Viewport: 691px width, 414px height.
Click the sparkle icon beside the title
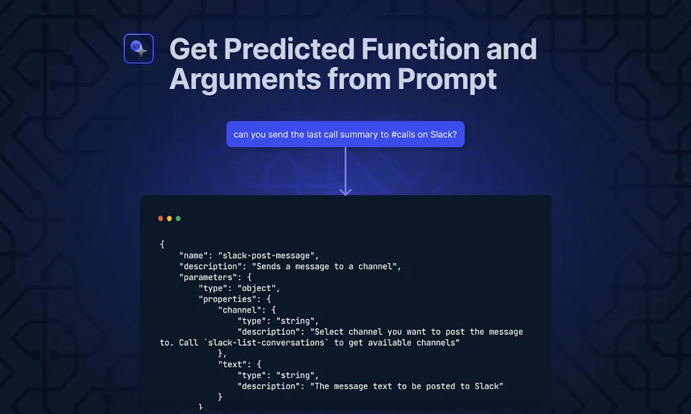click(139, 49)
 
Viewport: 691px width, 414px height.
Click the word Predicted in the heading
click(289, 49)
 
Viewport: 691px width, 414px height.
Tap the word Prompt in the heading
click(447, 80)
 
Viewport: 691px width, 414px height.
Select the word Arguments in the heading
click(245, 80)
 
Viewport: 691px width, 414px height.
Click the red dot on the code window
click(161, 219)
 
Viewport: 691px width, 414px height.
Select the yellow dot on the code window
click(169, 219)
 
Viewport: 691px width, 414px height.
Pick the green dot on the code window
click(178, 219)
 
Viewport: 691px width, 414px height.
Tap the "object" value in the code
click(256, 288)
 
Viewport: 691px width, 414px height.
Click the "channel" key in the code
click(240, 310)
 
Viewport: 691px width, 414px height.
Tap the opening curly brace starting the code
click(162, 244)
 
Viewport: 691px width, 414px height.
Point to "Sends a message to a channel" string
click(325, 266)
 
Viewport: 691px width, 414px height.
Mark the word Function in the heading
click(420, 49)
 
